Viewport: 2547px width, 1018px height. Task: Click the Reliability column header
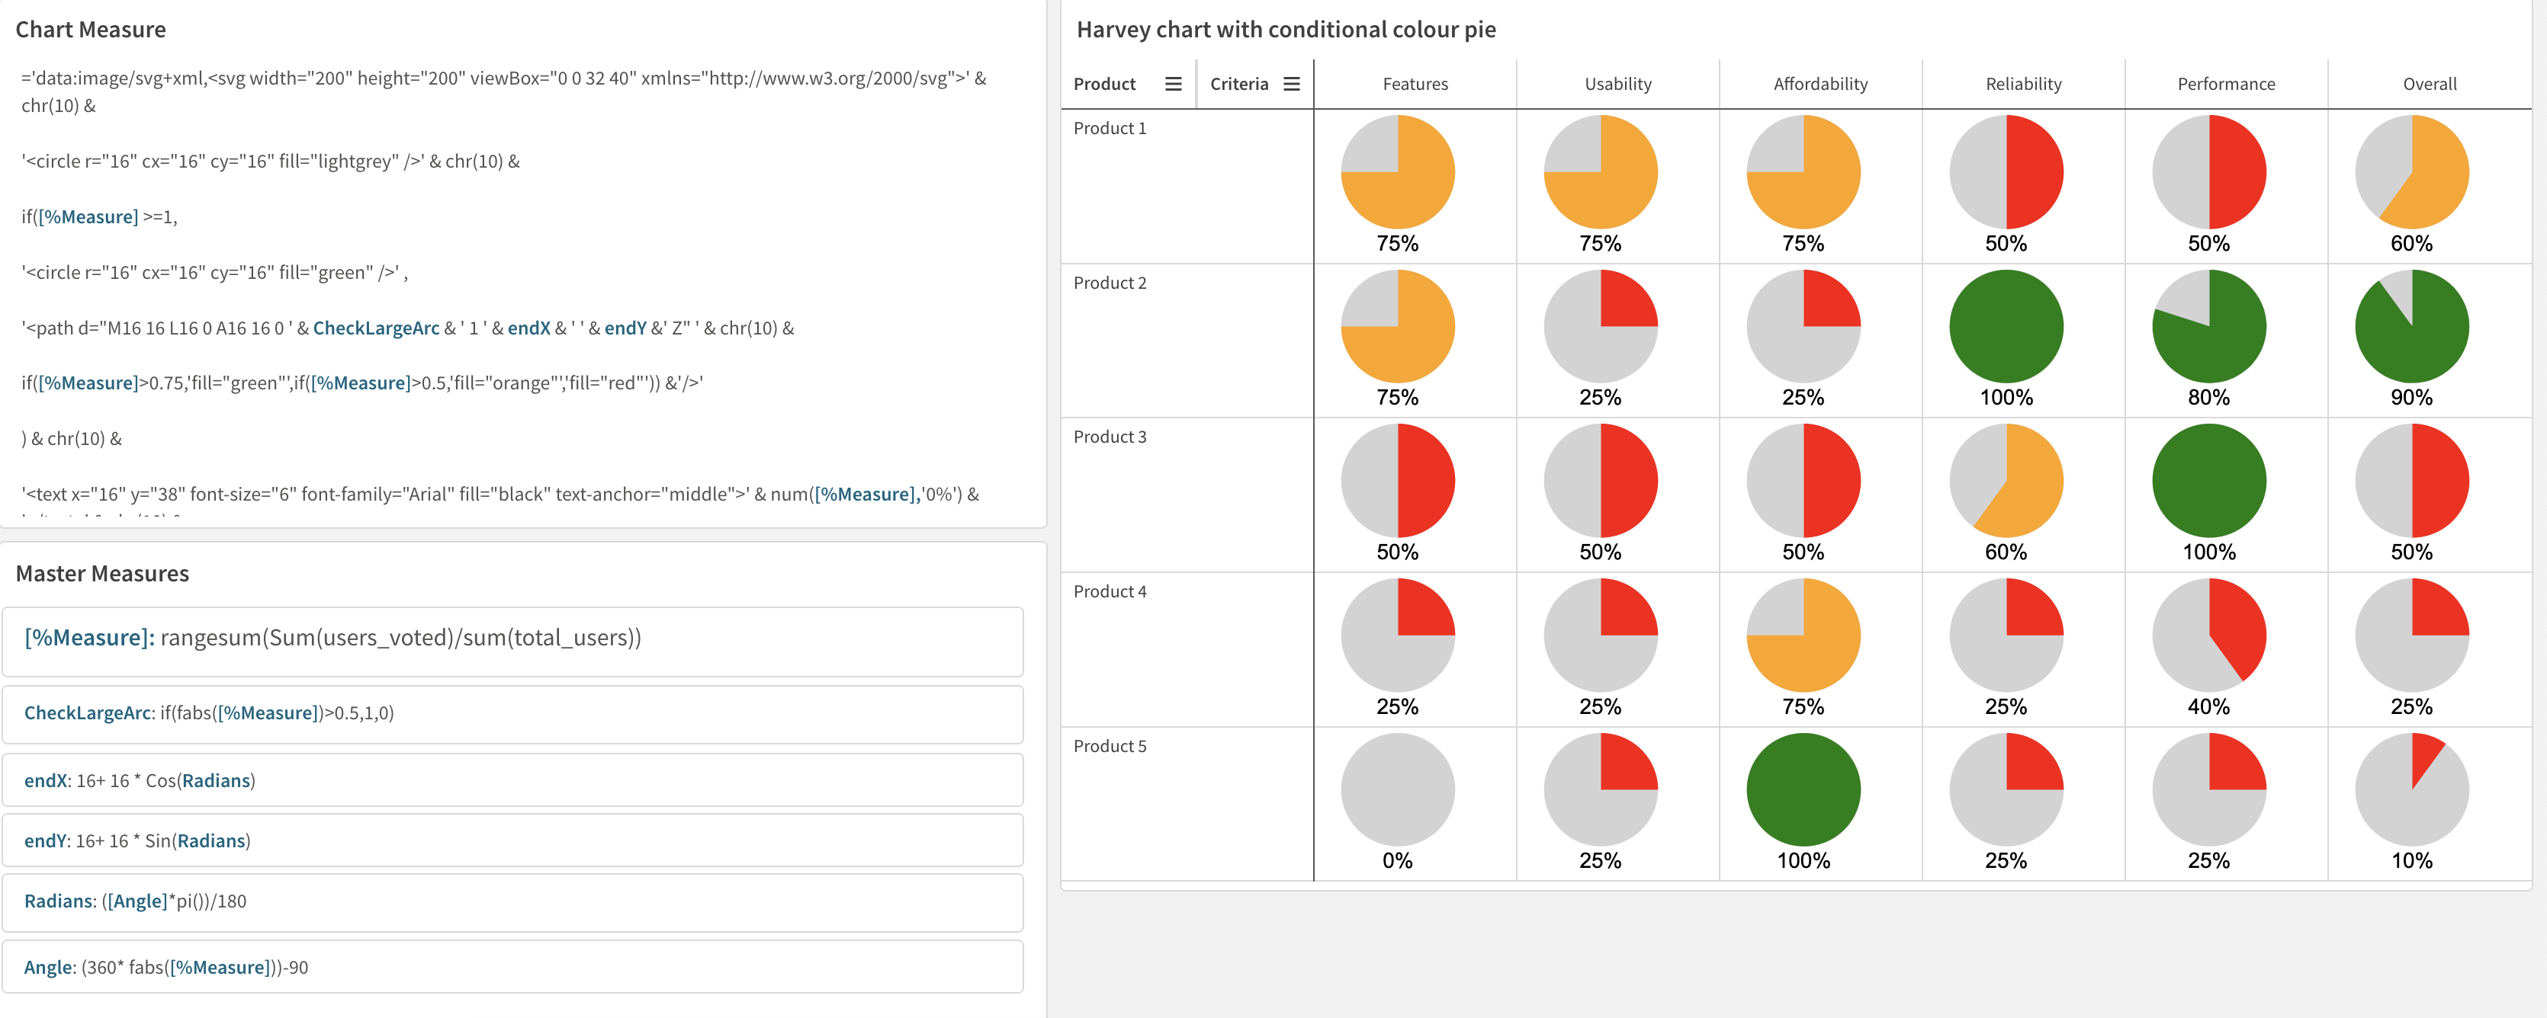(x=2023, y=84)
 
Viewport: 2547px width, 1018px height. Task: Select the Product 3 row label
(x=1110, y=437)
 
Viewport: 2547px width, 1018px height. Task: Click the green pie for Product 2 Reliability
(x=2006, y=326)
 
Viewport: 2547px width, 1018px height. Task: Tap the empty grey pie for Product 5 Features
(x=1397, y=789)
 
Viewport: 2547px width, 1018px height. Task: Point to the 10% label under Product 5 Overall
(x=2410, y=861)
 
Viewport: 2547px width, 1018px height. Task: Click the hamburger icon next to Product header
(x=1173, y=84)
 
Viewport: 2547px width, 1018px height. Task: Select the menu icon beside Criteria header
(x=1291, y=84)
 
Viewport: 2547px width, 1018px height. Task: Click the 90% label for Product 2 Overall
(x=2410, y=397)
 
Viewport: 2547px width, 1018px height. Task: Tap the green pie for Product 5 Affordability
(x=1803, y=789)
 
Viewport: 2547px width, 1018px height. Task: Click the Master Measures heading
(x=102, y=573)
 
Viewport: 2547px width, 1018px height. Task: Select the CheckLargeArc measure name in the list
(x=88, y=712)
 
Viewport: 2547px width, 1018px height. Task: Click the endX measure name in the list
(x=46, y=781)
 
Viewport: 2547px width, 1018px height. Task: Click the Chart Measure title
(x=90, y=30)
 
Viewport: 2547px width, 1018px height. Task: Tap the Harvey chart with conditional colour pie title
(x=1286, y=30)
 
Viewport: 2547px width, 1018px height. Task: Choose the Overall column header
(x=2430, y=84)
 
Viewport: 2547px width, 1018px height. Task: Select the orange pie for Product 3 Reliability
(x=2006, y=480)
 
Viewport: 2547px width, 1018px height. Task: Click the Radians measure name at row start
(x=58, y=901)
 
